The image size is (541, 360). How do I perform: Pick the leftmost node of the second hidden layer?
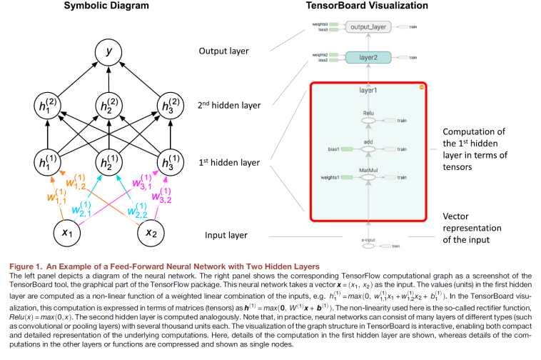(49, 106)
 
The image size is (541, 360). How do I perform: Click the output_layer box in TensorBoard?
(368, 27)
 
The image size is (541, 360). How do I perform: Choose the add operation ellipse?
(368, 149)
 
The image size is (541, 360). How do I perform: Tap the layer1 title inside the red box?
(368, 91)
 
